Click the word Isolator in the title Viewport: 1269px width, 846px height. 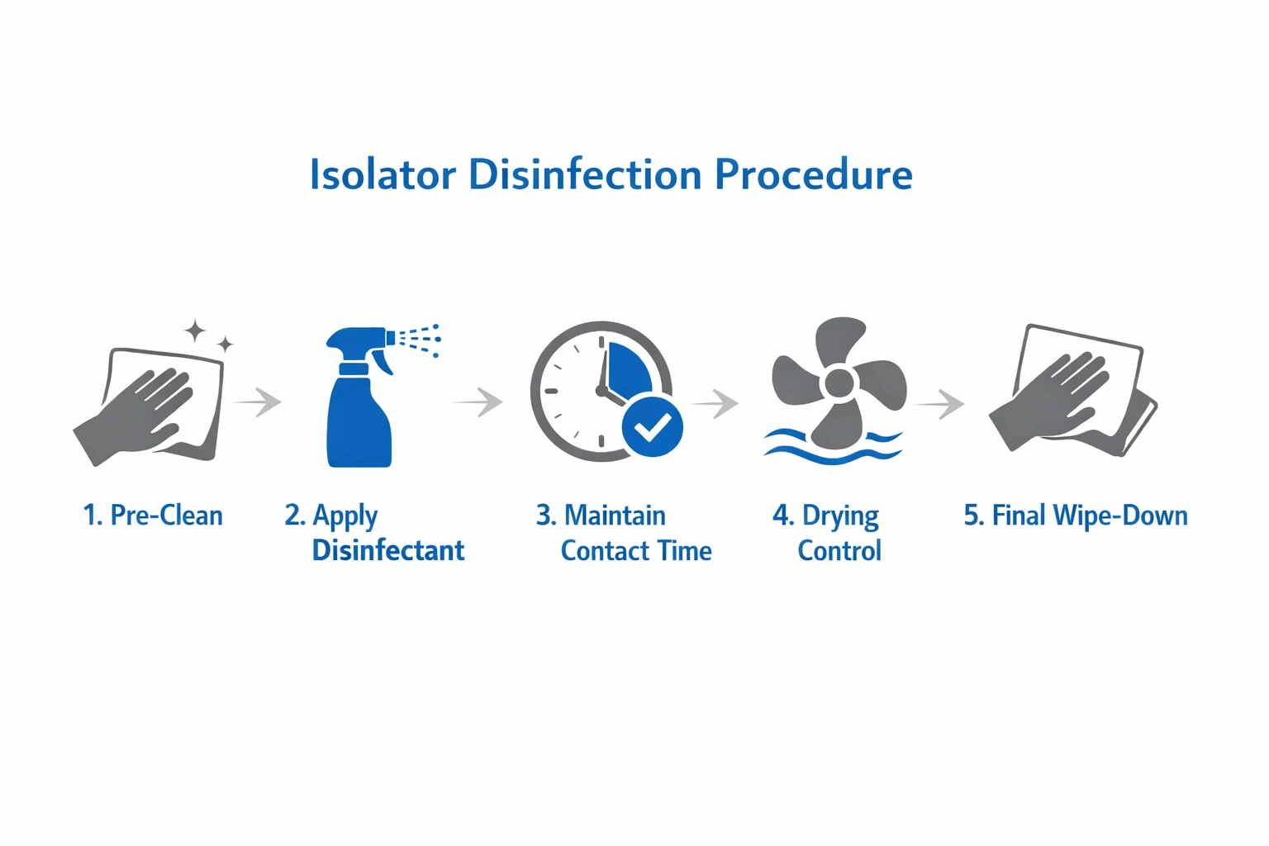tap(383, 175)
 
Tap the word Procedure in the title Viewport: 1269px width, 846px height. tap(813, 175)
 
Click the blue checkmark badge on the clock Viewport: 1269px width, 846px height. tap(653, 426)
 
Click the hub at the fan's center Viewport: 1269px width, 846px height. tap(839, 383)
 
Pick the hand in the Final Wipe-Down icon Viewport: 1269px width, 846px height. tap(1053, 401)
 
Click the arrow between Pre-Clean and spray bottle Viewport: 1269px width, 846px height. tap(259, 402)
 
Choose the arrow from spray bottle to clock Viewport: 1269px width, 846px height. tap(480, 402)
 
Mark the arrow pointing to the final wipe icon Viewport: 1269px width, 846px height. tap(941, 403)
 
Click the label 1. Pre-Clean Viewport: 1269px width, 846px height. tap(153, 516)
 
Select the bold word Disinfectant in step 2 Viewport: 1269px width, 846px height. tap(388, 550)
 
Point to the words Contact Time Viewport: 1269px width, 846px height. tap(636, 551)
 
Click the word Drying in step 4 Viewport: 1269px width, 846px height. tap(840, 516)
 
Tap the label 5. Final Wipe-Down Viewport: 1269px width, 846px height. tap(1076, 516)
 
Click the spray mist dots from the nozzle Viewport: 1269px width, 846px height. tap(420, 340)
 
